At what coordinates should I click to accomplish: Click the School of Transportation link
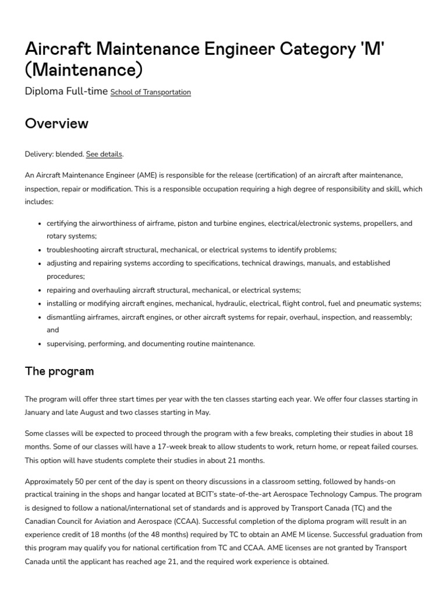[150, 92]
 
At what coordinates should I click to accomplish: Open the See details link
[104, 154]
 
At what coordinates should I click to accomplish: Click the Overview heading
[56, 123]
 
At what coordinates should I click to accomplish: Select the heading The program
[59, 371]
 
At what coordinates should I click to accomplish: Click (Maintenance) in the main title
[84, 69]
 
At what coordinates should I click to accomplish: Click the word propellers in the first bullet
[378, 223]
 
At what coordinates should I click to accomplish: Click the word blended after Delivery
[69, 154]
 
